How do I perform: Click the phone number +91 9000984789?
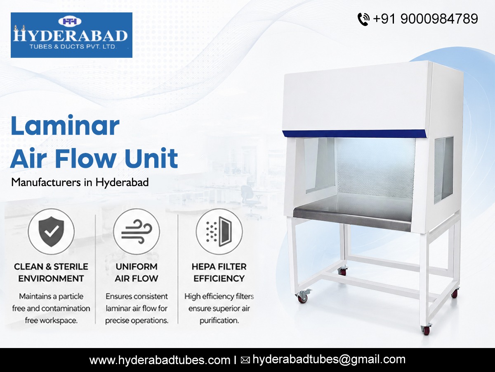tap(425, 19)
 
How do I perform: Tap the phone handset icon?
tap(363, 19)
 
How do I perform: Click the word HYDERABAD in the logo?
tap(71, 36)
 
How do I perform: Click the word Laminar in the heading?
tap(65, 125)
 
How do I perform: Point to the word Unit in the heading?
tap(151, 158)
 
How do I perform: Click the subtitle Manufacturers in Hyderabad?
tap(80, 182)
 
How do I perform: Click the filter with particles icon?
tap(219, 231)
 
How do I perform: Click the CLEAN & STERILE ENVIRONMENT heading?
tap(51, 272)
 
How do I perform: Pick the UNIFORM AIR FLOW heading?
tap(137, 272)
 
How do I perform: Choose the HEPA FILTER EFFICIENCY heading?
tap(219, 272)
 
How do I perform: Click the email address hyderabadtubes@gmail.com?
tap(329, 360)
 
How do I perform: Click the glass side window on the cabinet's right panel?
tap(444, 170)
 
